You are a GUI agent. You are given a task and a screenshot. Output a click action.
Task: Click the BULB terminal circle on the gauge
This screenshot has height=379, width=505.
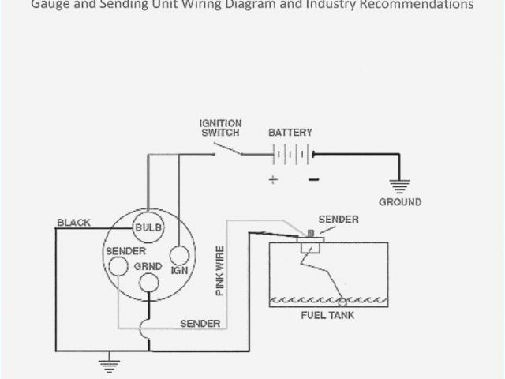pyautogui.click(x=148, y=227)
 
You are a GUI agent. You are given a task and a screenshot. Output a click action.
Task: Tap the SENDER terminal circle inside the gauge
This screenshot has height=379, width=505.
pyautogui.click(x=118, y=267)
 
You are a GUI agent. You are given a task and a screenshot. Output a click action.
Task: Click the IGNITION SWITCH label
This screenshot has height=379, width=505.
pyautogui.click(x=220, y=128)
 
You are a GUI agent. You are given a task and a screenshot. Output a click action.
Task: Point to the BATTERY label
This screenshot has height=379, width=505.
pyautogui.click(x=290, y=133)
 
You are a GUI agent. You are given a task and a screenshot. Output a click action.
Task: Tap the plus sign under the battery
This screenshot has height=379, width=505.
pyautogui.click(x=273, y=180)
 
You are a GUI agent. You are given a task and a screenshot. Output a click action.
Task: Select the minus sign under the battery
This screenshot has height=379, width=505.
pyautogui.click(x=313, y=180)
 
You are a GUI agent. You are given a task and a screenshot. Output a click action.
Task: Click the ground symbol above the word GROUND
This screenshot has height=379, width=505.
pyautogui.click(x=400, y=187)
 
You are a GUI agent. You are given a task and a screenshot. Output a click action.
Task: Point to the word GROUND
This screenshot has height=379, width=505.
pyautogui.click(x=400, y=202)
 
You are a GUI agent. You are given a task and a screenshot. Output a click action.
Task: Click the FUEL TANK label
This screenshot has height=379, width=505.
pyautogui.click(x=327, y=316)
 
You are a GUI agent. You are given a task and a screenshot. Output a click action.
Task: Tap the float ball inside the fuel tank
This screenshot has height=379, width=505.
pyautogui.click(x=342, y=302)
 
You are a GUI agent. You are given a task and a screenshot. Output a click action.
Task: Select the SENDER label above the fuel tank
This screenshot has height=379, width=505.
pyautogui.click(x=338, y=219)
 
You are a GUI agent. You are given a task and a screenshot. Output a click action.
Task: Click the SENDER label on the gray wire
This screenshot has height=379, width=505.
pyautogui.click(x=200, y=324)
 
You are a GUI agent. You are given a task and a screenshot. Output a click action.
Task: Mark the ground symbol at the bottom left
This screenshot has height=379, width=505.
pyautogui.click(x=107, y=364)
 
